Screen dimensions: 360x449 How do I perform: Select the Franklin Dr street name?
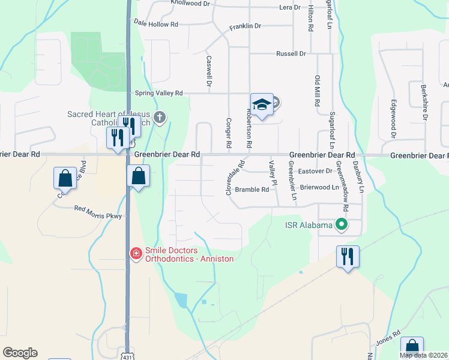coord(245,26)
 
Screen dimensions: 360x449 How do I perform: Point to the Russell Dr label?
coord(291,53)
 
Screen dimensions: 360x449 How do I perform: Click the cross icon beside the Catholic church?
coord(160,117)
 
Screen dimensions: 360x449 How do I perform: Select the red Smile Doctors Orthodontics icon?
coord(136,254)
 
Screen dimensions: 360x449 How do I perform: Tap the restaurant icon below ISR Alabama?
coord(348,257)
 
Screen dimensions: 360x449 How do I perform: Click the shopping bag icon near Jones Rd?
coord(412,347)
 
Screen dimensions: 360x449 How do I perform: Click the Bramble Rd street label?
coord(252,190)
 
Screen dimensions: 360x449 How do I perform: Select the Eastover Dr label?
coord(315,171)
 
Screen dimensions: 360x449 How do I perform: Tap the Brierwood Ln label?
coord(319,187)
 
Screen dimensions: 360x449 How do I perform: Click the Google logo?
coord(20,353)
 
